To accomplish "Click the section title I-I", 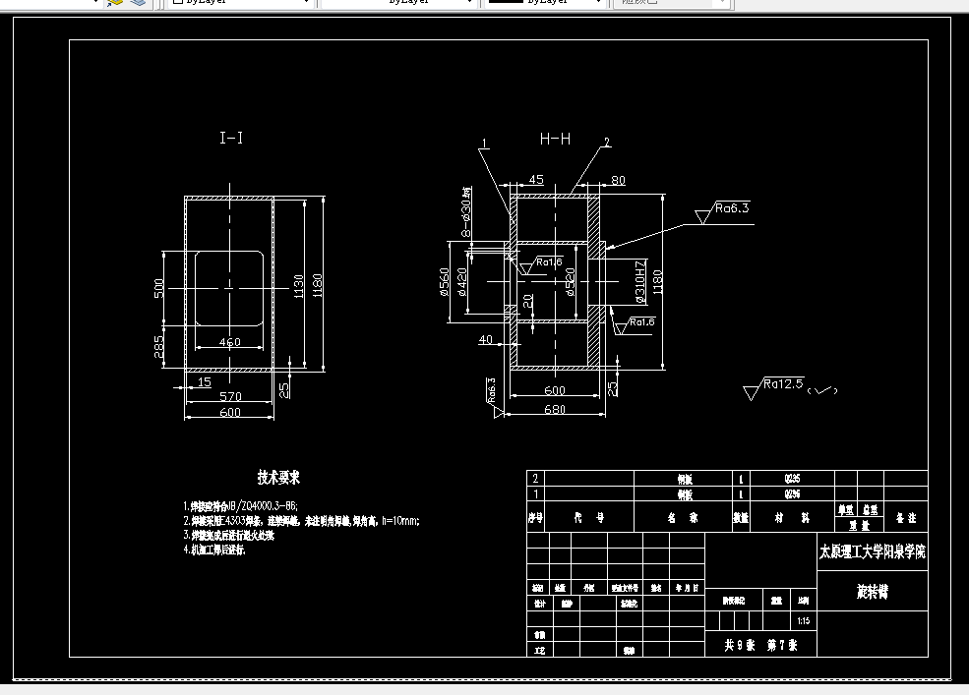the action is pyautogui.click(x=231, y=139).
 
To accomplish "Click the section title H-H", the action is pyautogui.click(x=555, y=139).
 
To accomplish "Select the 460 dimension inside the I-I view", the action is pyautogui.click(x=229, y=342).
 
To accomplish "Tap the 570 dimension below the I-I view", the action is pyautogui.click(x=230, y=396).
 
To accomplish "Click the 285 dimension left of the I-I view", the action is pyautogui.click(x=159, y=346).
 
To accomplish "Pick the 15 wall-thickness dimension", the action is pyautogui.click(x=204, y=381).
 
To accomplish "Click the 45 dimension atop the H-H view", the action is pyautogui.click(x=536, y=180).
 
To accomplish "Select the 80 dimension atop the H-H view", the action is pyautogui.click(x=618, y=180).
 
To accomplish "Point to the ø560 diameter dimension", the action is pyautogui.click(x=445, y=281).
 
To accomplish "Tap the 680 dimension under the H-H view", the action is pyautogui.click(x=555, y=410).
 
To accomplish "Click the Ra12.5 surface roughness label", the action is pyautogui.click(x=783, y=383).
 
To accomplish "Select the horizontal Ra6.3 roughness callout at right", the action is pyautogui.click(x=732, y=208).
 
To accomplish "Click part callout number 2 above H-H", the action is pyautogui.click(x=607, y=143).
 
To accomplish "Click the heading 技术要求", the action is pyautogui.click(x=278, y=477).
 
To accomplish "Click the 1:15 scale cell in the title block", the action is pyautogui.click(x=804, y=620).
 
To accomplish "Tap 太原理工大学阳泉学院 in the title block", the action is pyautogui.click(x=872, y=551).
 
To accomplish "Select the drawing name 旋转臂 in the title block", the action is pyautogui.click(x=872, y=593).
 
